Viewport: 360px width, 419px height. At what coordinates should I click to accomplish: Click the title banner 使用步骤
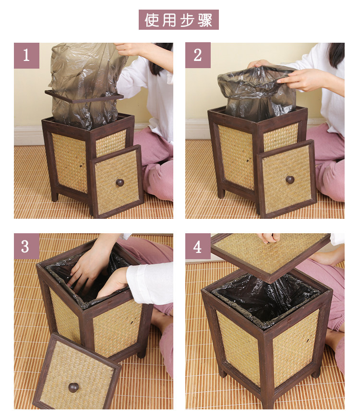tap(179, 20)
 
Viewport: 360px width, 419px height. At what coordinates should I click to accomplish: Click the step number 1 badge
tap(26, 55)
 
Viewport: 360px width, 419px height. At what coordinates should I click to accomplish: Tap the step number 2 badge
tap(198, 55)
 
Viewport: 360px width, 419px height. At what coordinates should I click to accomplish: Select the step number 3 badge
tap(26, 246)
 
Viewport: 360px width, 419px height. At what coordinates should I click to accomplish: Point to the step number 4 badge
tap(198, 246)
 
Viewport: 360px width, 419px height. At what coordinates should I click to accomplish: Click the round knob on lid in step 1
tap(120, 182)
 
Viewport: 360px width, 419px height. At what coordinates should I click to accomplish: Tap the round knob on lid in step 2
tap(290, 180)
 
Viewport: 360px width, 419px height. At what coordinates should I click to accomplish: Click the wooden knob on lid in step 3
tap(73, 387)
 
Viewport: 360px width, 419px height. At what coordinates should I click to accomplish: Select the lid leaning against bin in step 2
tap(287, 179)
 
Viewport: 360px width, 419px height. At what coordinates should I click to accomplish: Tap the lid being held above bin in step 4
tap(270, 256)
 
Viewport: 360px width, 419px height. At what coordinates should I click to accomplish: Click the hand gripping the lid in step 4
tap(268, 238)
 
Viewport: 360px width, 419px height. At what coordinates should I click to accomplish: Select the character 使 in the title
tap(152, 20)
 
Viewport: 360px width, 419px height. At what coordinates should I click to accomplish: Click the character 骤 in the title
tap(205, 20)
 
